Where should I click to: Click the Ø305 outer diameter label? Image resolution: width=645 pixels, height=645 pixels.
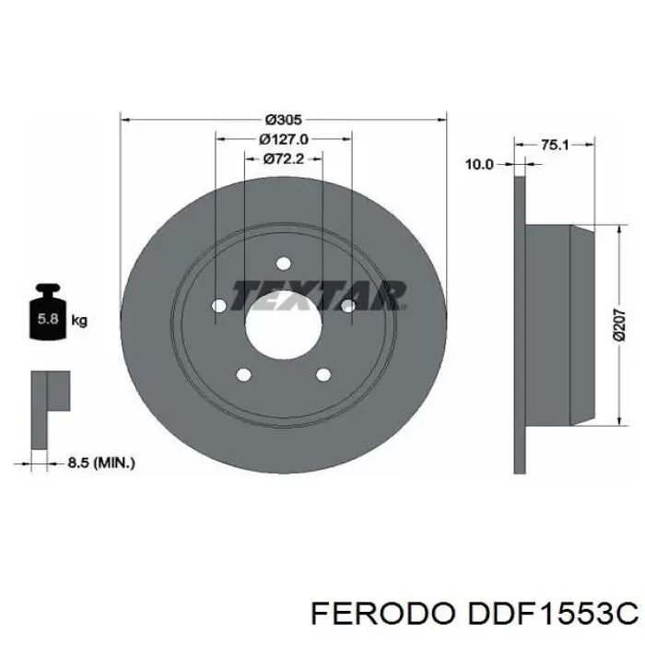tap(283, 120)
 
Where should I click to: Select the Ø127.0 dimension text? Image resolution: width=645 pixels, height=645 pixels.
tap(283, 139)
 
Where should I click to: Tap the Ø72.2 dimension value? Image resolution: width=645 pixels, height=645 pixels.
tap(283, 158)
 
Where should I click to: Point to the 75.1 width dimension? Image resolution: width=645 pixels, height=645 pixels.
tap(553, 145)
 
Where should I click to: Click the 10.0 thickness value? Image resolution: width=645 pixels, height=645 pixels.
tap(478, 164)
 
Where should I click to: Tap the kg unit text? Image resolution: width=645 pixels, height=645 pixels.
tap(79, 321)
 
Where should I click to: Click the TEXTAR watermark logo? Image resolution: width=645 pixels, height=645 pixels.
tap(318, 295)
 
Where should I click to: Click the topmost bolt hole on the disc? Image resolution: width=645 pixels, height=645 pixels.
tap(283, 262)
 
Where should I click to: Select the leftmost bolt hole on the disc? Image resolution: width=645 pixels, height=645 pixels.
tap(219, 306)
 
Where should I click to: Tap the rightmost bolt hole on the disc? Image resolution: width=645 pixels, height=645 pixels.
tap(347, 306)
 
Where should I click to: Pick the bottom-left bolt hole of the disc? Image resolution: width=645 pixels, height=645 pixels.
tap(244, 375)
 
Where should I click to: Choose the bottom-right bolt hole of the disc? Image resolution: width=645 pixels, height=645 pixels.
tap(322, 375)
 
